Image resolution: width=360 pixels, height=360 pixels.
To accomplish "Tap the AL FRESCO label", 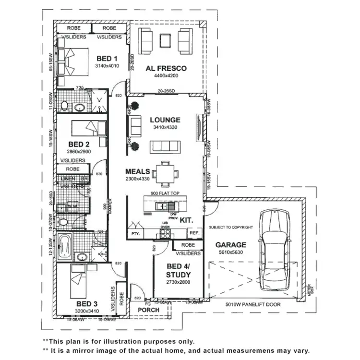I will point(166,68).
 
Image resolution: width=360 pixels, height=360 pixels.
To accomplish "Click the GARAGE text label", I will point(230,244).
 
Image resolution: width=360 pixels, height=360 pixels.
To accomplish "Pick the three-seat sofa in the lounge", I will point(165,146).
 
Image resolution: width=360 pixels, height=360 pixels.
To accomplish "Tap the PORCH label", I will point(149,310).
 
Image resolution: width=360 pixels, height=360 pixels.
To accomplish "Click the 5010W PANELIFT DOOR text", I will point(253,304).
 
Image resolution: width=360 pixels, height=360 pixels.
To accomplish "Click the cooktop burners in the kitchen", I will point(165,234).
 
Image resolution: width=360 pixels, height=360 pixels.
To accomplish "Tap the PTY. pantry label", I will point(134,234).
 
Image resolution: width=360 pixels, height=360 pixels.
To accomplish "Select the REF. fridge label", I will point(194,233).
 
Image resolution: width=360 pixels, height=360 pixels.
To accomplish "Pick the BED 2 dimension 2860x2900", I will point(79,151).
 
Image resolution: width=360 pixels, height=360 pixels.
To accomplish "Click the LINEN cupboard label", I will point(68,179).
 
